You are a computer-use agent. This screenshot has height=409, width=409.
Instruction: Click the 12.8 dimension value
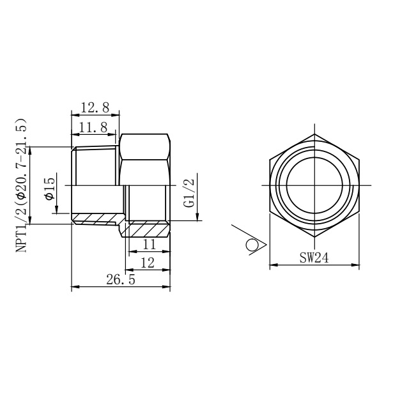coord(95,107)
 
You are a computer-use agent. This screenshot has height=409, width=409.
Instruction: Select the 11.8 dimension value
coord(93,128)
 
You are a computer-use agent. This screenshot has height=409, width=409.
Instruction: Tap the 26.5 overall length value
coord(121,280)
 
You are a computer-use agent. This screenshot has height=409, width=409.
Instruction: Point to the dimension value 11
coord(150,244)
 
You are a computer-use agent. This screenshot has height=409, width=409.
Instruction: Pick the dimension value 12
coord(148,263)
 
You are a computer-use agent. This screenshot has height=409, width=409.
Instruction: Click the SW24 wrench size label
coord(314,258)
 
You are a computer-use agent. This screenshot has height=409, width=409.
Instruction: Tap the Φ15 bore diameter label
coord(50,189)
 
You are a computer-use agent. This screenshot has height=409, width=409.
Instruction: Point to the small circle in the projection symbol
coord(252,245)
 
